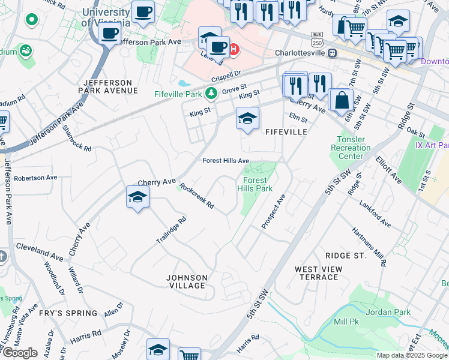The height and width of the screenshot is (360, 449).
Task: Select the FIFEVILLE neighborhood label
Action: (286, 132)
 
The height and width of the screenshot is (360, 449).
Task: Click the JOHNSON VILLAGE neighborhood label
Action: (187, 281)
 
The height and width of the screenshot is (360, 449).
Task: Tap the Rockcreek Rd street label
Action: (197, 196)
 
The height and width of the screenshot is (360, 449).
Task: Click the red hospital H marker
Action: (234, 49)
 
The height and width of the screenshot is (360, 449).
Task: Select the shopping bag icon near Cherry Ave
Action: (342, 101)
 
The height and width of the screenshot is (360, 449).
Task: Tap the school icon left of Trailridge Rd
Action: (137, 197)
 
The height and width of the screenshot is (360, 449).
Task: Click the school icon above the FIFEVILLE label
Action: (247, 119)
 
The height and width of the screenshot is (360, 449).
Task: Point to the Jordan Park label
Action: (388, 312)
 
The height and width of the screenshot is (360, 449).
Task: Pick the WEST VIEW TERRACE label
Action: (318, 273)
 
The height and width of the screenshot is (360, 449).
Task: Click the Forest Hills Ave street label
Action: (225, 161)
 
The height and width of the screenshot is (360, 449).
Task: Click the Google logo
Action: (20, 353)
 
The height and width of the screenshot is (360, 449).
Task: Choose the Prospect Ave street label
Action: (274, 211)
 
